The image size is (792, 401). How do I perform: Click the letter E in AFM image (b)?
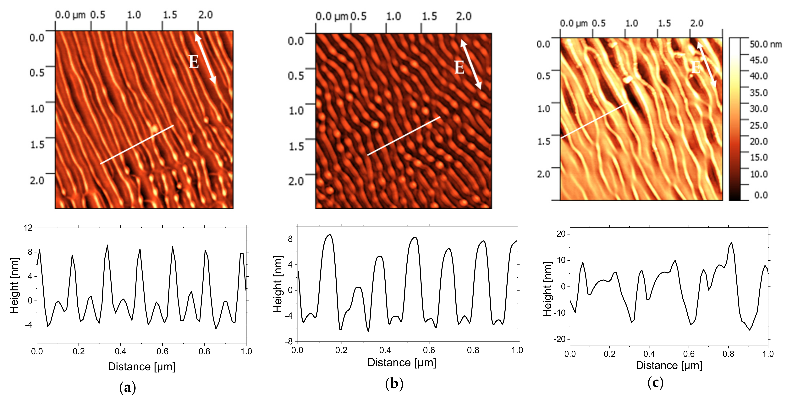click(x=459, y=67)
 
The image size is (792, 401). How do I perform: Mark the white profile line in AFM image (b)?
click(x=404, y=136)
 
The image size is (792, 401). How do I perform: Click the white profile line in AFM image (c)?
click(x=593, y=121)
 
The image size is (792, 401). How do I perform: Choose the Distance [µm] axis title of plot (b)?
click(x=402, y=363)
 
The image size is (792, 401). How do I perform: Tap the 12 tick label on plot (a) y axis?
click(x=28, y=228)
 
